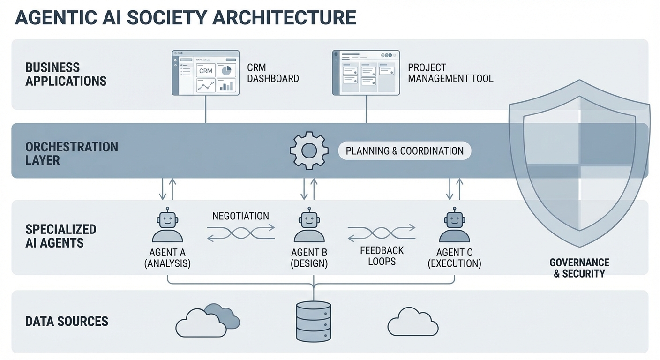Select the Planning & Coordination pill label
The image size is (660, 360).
(405, 151)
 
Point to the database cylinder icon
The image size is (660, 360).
(314, 321)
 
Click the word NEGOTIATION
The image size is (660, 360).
(240, 216)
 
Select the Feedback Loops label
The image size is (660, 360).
(382, 256)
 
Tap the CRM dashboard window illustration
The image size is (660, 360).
(206, 73)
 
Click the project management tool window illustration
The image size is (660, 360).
(366, 73)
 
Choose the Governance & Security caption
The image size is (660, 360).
(579, 268)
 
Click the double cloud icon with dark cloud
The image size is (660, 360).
(207, 321)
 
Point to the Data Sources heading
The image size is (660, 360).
(67, 322)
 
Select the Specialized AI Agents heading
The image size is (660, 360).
(61, 236)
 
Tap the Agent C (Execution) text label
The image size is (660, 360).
(454, 258)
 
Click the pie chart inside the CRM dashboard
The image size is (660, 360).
(227, 70)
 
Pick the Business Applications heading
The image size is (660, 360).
(66, 74)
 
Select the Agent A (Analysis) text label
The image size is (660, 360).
(167, 258)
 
